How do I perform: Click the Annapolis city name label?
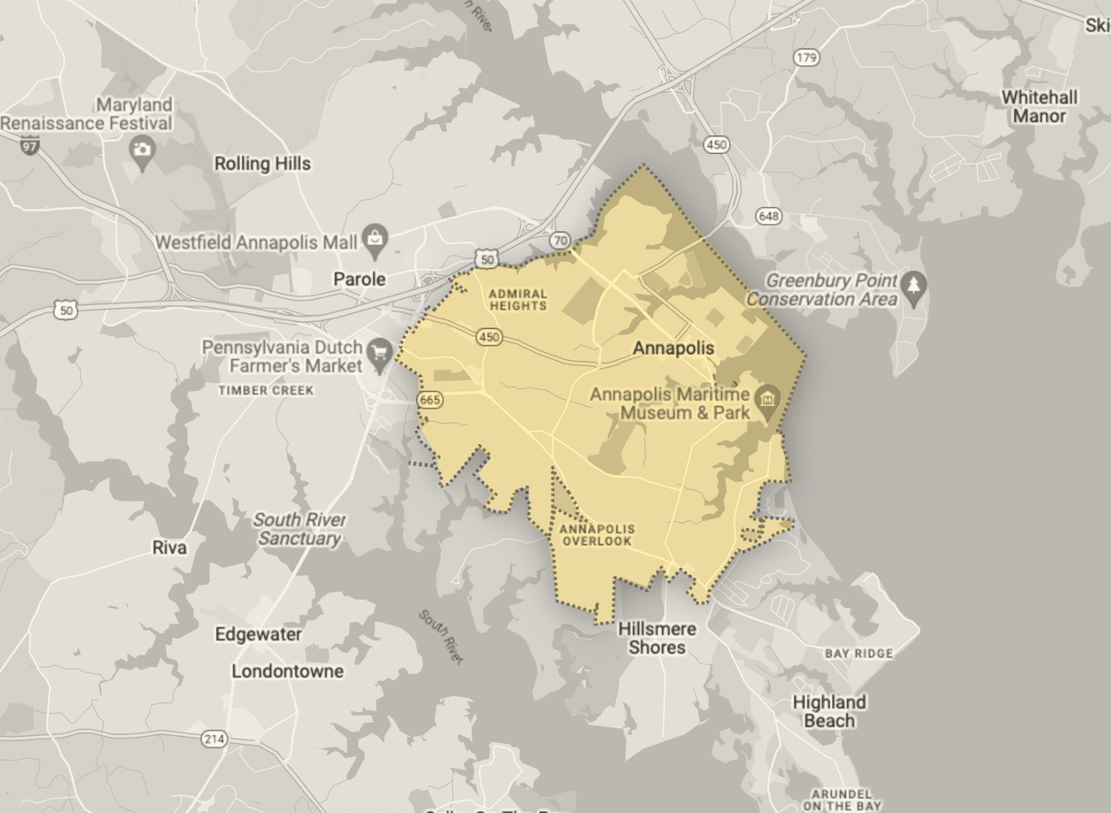673,348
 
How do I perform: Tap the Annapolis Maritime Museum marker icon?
767,399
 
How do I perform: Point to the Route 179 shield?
806,57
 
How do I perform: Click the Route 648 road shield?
768,216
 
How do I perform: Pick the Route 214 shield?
214,739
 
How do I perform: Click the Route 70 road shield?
560,240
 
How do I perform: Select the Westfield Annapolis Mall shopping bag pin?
375,238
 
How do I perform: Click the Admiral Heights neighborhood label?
518,299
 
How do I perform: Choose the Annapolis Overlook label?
597,535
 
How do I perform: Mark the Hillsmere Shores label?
657,638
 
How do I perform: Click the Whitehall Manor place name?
1039,106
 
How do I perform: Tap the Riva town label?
169,548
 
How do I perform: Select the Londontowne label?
287,671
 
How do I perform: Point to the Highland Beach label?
829,711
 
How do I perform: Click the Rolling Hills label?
262,163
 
